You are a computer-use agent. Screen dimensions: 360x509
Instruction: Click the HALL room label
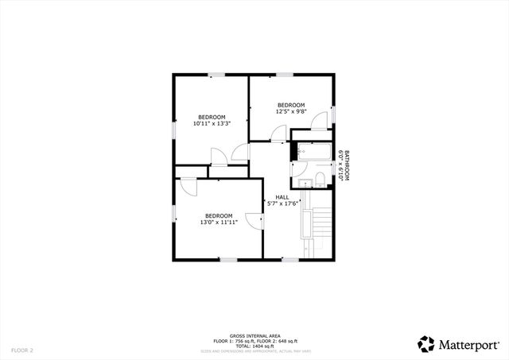click(x=282, y=197)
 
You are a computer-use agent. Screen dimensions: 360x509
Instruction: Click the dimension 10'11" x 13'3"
click(x=212, y=124)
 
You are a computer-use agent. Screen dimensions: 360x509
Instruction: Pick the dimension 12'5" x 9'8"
click(x=291, y=112)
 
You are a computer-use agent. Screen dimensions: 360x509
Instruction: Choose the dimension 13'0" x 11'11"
click(x=218, y=223)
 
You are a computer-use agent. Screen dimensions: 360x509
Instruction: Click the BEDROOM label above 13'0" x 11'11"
click(x=218, y=215)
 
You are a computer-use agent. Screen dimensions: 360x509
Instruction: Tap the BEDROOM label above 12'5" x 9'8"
click(x=291, y=105)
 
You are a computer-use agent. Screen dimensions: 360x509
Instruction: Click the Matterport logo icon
click(x=426, y=343)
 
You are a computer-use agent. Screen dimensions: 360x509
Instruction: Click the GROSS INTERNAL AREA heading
click(x=254, y=336)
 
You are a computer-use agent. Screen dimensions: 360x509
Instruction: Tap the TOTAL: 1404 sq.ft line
click(x=254, y=346)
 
